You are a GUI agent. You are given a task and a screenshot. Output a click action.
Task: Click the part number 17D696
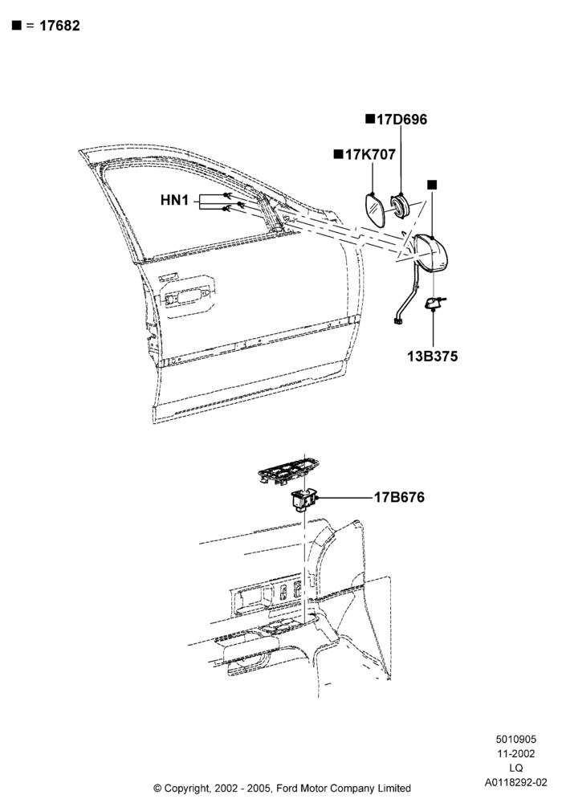tap(401, 120)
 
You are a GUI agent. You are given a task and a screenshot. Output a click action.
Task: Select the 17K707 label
tap(370, 154)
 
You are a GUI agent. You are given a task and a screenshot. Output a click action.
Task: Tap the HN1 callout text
tap(174, 200)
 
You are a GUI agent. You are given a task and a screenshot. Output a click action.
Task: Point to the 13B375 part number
tap(433, 356)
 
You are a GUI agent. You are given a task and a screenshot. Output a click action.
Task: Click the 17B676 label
tap(399, 497)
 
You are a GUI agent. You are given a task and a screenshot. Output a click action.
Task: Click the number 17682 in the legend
tap(60, 26)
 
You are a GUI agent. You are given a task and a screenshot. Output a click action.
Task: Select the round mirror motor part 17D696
tap(399, 205)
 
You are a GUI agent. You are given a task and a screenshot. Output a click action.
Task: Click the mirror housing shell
tap(431, 254)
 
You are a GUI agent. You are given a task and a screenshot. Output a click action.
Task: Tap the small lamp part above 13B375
tap(434, 304)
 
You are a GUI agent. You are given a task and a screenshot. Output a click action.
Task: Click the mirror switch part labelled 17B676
tap(304, 499)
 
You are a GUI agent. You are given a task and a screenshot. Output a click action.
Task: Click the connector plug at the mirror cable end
tap(397, 321)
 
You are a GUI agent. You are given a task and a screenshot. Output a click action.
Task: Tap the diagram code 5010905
tap(516, 739)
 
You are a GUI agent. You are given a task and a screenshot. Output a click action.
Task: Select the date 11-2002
tap(516, 753)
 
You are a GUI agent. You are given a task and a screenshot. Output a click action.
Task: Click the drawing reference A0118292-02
tap(516, 782)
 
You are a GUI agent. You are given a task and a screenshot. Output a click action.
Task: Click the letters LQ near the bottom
tap(516, 768)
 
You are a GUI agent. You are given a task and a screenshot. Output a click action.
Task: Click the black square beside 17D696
tap(370, 119)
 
